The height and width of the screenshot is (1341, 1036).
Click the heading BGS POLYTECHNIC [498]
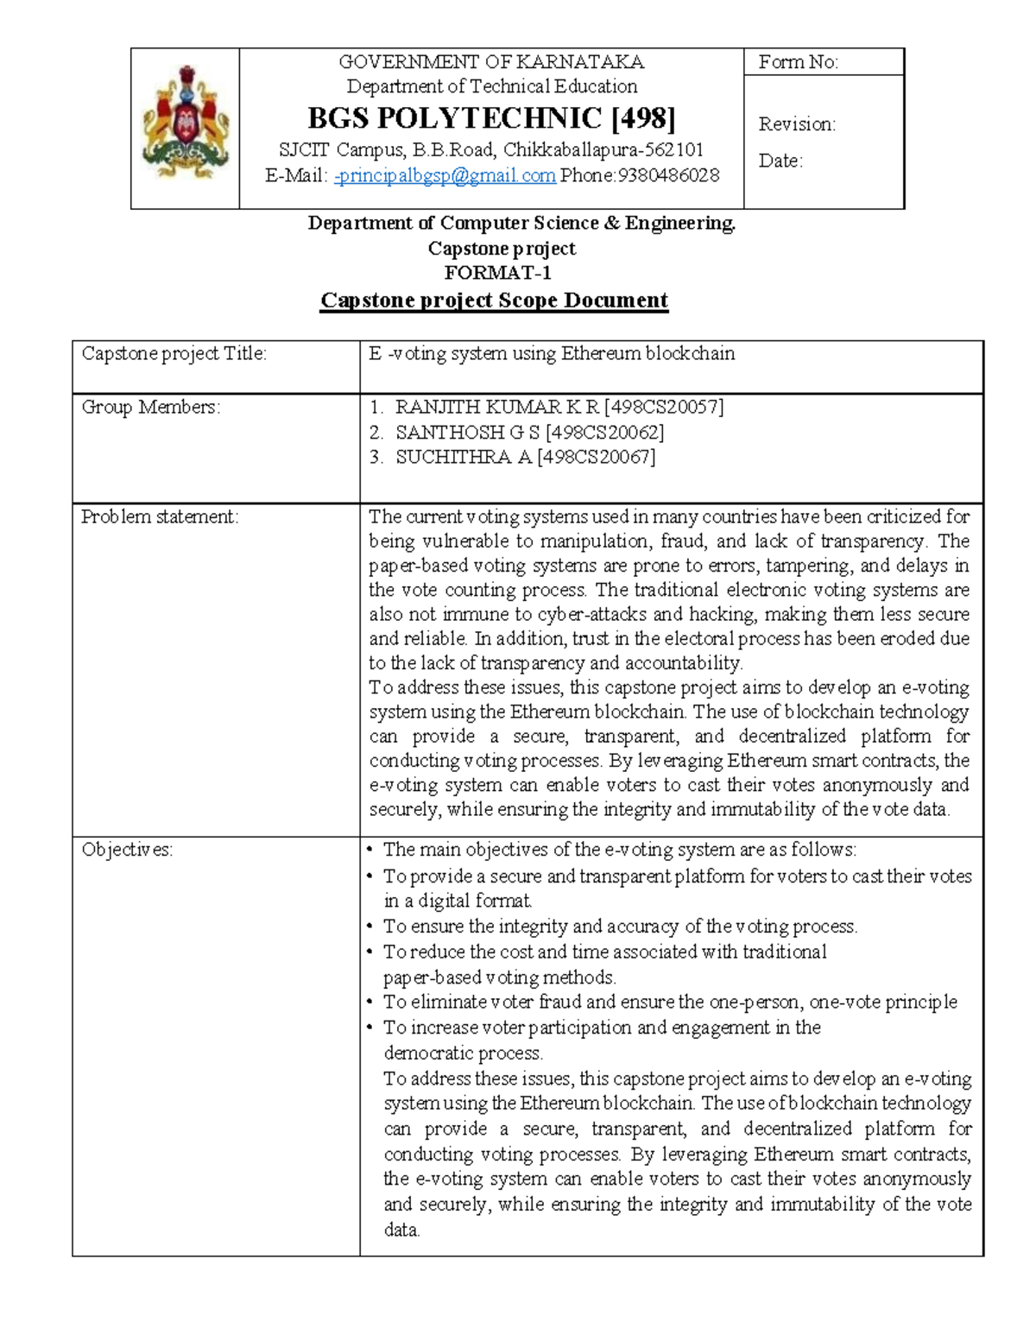click(491, 117)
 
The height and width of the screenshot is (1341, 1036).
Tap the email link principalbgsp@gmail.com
click(445, 176)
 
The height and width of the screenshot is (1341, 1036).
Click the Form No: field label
click(798, 62)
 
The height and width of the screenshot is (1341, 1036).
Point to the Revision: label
click(797, 124)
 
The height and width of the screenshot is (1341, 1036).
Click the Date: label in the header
click(780, 161)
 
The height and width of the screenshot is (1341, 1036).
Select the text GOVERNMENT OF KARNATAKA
click(491, 62)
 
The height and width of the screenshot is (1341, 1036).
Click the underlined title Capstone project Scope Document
click(494, 300)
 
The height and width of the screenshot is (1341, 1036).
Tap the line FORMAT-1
click(497, 273)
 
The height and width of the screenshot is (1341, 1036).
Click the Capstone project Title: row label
click(174, 354)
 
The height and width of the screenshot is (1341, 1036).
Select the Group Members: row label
click(151, 408)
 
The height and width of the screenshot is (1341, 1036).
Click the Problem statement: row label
click(160, 517)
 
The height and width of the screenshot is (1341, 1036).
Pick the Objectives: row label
click(127, 850)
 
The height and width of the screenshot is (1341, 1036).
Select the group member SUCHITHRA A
click(463, 458)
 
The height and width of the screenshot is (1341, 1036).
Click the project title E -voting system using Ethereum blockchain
click(552, 354)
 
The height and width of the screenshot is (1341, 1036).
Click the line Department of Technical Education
click(491, 86)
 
